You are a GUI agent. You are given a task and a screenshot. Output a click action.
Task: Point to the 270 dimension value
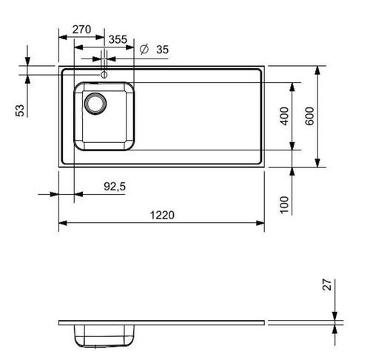[x=83, y=30]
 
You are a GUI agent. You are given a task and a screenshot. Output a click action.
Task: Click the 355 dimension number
[x=116, y=39]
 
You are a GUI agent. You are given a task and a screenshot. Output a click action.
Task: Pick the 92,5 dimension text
[x=115, y=188]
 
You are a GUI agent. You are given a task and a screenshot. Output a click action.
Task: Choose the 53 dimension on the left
[x=21, y=110]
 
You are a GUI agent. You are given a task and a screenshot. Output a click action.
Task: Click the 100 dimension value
[x=286, y=203]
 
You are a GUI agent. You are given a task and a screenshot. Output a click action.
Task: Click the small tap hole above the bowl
[x=104, y=74]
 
